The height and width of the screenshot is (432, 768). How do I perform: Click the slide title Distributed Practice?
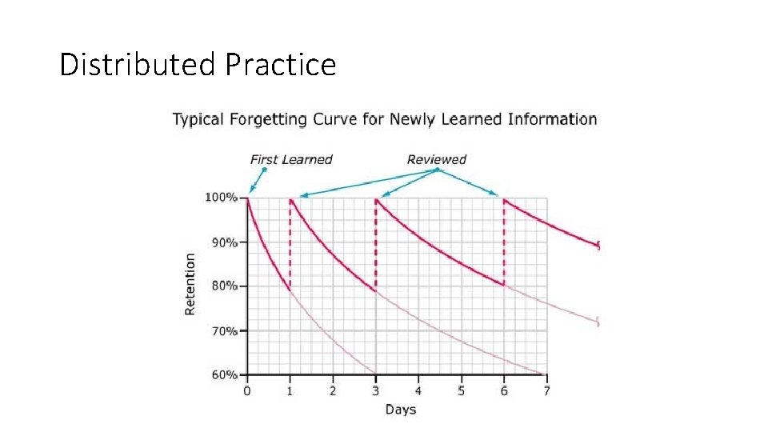coord(198,64)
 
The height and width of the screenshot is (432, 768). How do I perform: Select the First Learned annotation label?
coord(291,159)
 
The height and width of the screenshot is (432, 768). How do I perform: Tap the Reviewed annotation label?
coord(436,159)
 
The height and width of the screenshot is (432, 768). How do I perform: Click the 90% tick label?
coord(224,242)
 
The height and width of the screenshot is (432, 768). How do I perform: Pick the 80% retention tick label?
coord(224,286)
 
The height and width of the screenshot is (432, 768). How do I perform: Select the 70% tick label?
coord(224,330)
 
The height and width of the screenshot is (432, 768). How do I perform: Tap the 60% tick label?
coord(224,374)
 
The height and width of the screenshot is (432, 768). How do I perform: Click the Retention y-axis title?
coord(190,284)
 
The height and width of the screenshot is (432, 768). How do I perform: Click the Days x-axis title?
coord(401,410)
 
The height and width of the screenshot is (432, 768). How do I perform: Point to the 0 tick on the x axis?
coord(247,390)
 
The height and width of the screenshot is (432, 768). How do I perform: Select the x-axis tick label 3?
coord(376,390)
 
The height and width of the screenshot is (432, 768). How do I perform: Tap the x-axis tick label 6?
coord(504,390)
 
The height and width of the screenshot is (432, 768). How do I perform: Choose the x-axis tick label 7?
coord(546,390)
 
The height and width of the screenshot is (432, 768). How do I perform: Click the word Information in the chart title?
coord(552,120)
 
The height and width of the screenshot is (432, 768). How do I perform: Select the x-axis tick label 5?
coord(461,390)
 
